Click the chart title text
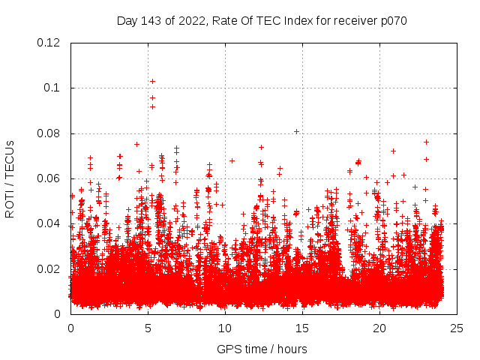pyautogui.click(x=262, y=21)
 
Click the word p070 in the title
pyautogui.click(x=392, y=21)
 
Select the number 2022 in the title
pyautogui.click(x=195, y=21)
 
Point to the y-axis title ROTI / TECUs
pyautogui.click(x=10, y=178)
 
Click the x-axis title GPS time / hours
pyautogui.click(x=262, y=349)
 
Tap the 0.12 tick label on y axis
pyautogui.click(x=49, y=43)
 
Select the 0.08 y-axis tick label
pyautogui.click(x=49, y=133)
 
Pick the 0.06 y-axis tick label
pyautogui.click(x=49, y=178)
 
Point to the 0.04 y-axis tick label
pyautogui.click(x=49, y=223)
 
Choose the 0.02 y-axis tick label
pyautogui.click(x=49, y=269)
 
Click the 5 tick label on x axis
pyautogui.click(x=148, y=328)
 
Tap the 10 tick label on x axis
pyautogui.click(x=225, y=328)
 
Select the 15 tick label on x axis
pyautogui.click(x=302, y=328)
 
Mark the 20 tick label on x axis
pyautogui.click(x=379, y=328)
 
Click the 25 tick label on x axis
pyautogui.click(x=457, y=328)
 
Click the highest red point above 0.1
pyautogui.click(x=152, y=81)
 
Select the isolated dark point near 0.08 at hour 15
pyautogui.click(x=297, y=131)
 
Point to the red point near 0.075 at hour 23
pyautogui.click(x=426, y=142)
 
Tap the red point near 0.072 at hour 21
pyautogui.click(x=393, y=151)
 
